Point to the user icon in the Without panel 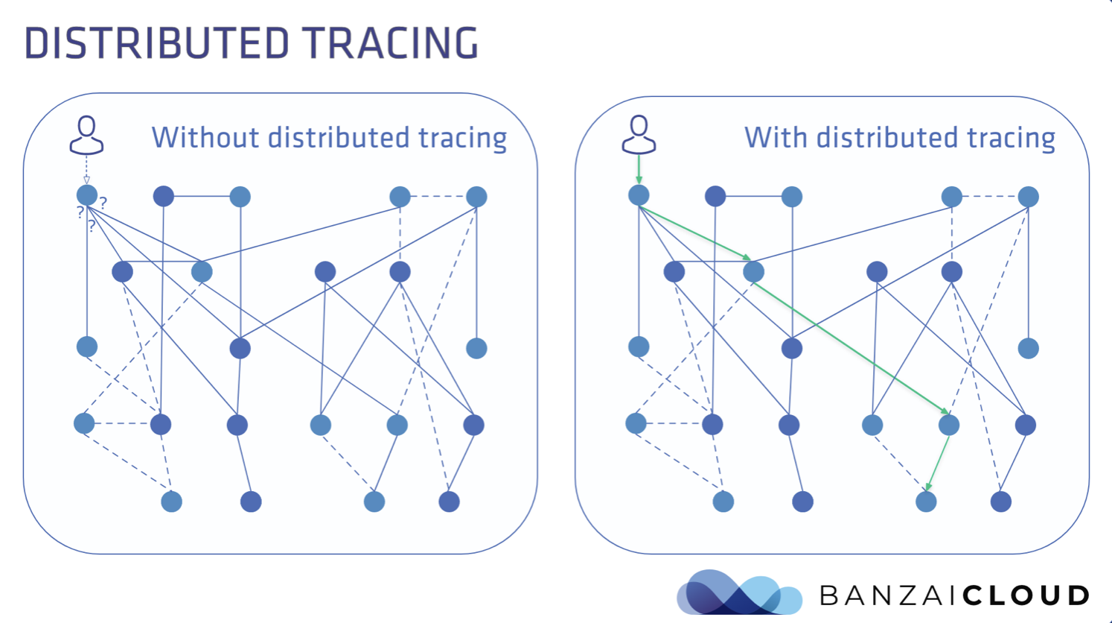point(86,135)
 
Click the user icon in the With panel point(639,135)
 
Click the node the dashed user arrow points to point(87,196)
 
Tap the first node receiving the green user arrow point(639,195)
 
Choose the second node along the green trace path point(753,271)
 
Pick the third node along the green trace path point(948,425)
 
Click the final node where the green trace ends point(926,502)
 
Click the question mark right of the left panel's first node point(103,202)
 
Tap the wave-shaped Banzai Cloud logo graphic point(738,593)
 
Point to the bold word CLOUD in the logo point(1026,595)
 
